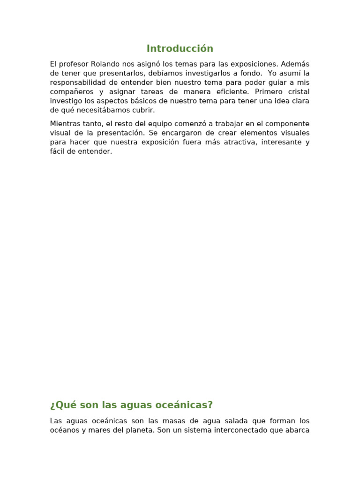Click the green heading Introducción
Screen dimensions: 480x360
tap(180, 49)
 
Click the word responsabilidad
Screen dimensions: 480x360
tap(76, 82)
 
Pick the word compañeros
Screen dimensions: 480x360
tap(70, 92)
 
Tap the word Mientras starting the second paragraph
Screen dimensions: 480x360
tap(64, 124)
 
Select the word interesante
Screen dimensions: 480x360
tap(280, 142)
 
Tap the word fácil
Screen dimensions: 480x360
tap(57, 151)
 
